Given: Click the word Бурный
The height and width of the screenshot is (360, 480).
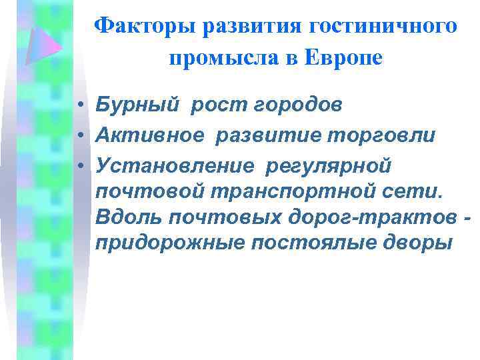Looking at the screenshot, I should coord(133,105).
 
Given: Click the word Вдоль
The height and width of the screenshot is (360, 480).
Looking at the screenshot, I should coord(127,217).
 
